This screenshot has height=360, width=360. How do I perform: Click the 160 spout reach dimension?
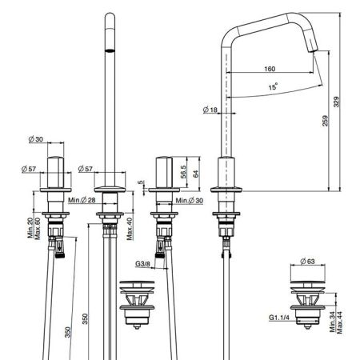click(x=270, y=69)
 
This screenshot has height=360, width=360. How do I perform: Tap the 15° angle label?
click(x=273, y=86)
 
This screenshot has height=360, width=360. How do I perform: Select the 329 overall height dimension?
click(x=337, y=102)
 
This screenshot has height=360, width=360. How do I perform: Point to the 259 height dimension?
click(x=326, y=121)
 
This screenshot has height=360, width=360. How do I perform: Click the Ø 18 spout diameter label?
click(x=210, y=110)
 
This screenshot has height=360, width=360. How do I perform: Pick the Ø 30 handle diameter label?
click(x=36, y=139)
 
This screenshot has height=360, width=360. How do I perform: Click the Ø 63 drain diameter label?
click(x=307, y=262)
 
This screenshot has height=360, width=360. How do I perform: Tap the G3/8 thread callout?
click(x=142, y=264)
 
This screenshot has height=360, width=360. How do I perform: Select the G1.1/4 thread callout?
click(x=279, y=318)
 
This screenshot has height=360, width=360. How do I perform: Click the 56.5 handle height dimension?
click(x=183, y=172)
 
